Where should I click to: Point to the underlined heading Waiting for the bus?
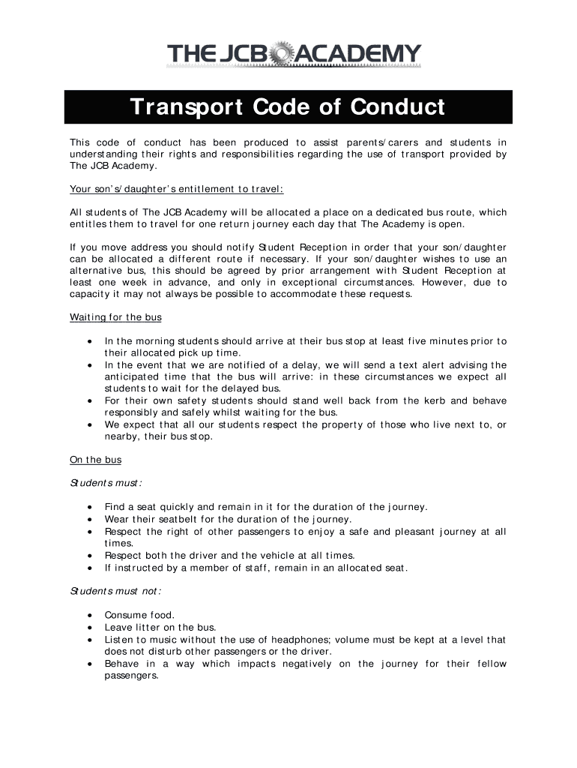[115, 317]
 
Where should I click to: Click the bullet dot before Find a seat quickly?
[91, 508]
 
